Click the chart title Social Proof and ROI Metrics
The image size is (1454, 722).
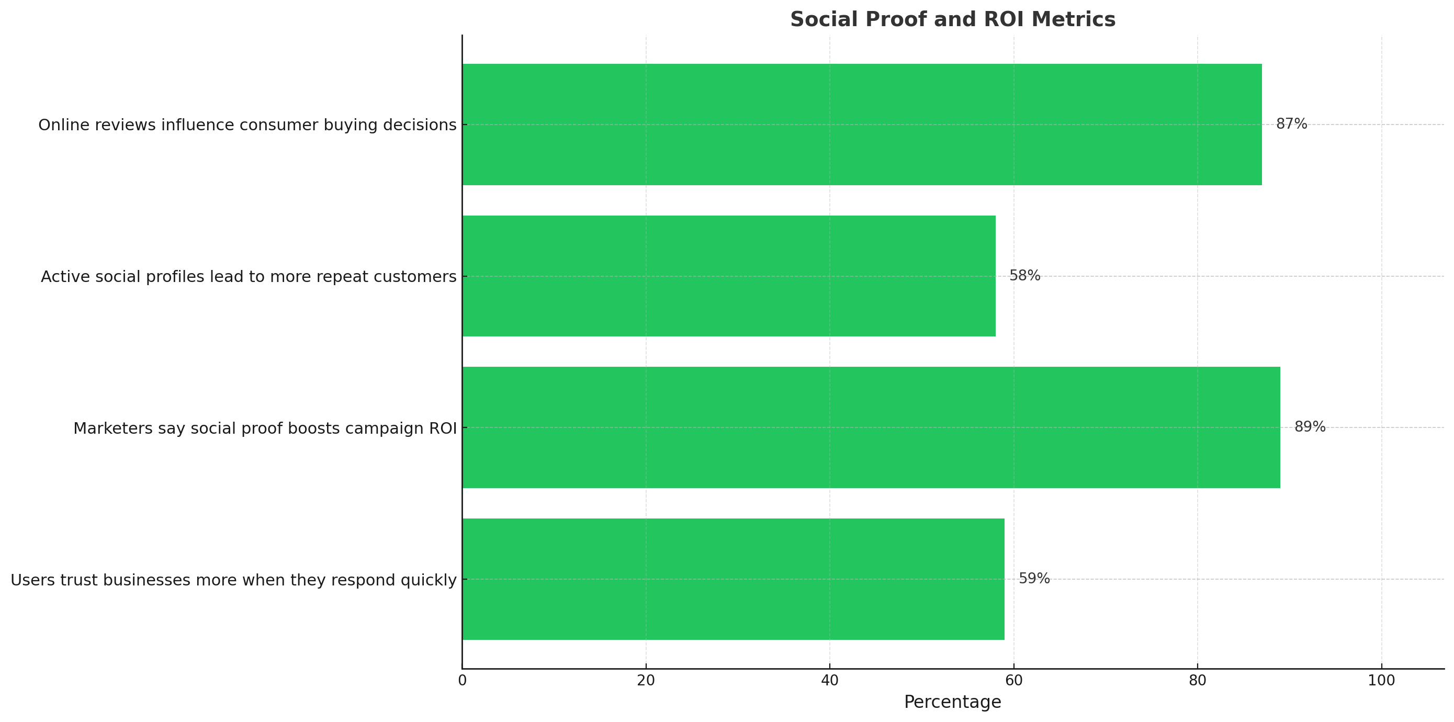(952, 19)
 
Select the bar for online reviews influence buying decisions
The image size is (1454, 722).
(862, 124)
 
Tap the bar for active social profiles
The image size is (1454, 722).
(729, 276)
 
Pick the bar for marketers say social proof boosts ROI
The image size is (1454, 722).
(871, 427)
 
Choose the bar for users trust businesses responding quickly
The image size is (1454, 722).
(733, 579)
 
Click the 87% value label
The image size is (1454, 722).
(1291, 123)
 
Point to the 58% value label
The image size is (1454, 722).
(1024, 276)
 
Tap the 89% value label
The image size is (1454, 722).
(1310, 427)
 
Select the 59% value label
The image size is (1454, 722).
(1034, 579)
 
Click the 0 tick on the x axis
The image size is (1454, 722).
(463, 681)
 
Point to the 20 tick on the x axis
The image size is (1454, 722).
(646, 681)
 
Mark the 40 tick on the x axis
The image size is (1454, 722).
(830, 681)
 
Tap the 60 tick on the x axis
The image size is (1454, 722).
(1014, 681)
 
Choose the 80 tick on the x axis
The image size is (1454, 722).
(1197, 681)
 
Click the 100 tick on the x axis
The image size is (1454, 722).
(1381, 681)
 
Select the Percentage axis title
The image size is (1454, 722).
(952, 702)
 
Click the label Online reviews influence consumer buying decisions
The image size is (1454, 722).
(247, 125)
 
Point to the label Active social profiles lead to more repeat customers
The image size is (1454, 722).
(249, 277)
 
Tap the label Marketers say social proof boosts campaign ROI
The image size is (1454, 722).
(265, 428)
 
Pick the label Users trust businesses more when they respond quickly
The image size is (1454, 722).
(234, 580)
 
